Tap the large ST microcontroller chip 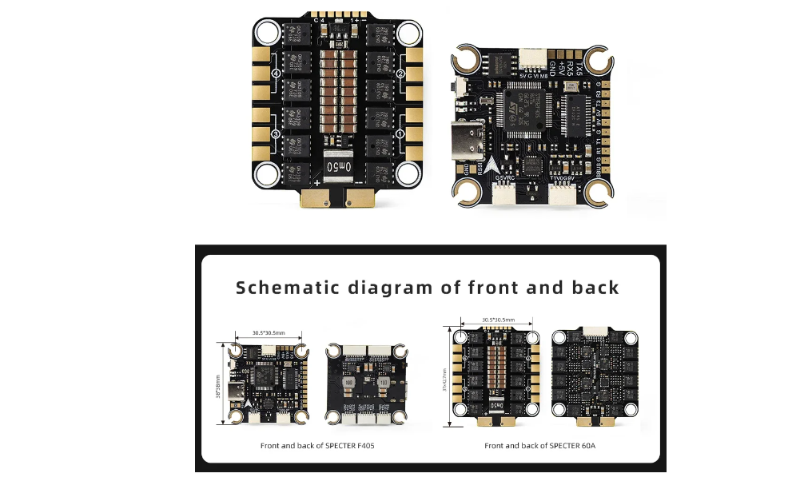tap(523, 108)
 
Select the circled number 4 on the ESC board tap(277, 74)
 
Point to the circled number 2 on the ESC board tap(401, 74)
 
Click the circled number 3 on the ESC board tap(277, 134)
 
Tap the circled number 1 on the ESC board tap(401, 134)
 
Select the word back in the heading tap(595, 288)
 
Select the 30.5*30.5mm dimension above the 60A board tap(498, 320)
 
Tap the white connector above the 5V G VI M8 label tap(531, 58)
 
